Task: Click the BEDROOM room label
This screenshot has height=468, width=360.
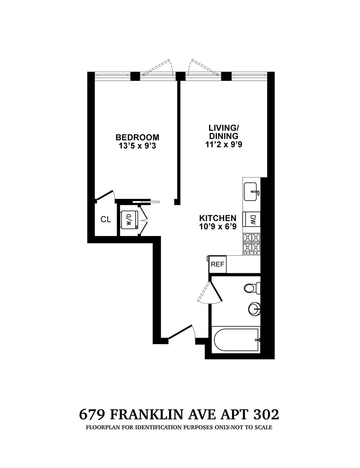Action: (137, 137)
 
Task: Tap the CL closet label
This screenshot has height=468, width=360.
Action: (106, 219)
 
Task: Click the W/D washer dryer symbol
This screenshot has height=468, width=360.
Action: (129, 220)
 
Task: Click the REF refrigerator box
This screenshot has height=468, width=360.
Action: (218, 264)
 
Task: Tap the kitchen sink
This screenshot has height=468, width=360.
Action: (251, 192)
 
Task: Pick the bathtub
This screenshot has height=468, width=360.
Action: (236, 340)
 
